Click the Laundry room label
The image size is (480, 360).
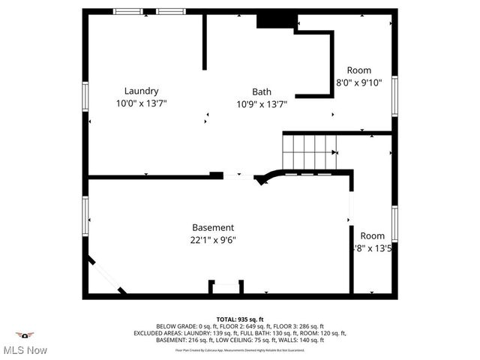click(141, 91)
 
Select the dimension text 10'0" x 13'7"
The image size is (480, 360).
click(141, 103)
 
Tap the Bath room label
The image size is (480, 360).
click(261, 91)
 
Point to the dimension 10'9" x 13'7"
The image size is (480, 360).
click(261, 103)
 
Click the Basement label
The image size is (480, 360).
click(213, 227)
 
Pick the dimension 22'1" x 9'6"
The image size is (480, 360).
click(213, 240)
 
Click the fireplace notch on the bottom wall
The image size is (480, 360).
click(226, 288)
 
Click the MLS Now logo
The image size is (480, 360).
click(25, 342)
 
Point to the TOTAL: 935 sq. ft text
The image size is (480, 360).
click(240, 319)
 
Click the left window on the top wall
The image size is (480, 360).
click(126, 12)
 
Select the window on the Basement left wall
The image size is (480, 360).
click(85, 217)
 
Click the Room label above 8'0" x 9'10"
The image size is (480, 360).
click(358, 70)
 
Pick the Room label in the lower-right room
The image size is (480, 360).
click(372, 235)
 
